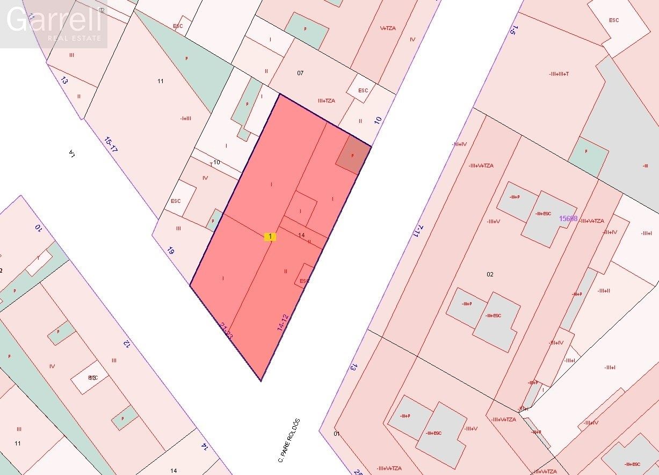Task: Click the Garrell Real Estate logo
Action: pyautogui.click(x=54, y=24)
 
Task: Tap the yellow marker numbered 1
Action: pyautogui.click(x=270, y=236)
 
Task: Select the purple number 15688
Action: pyautogui.click(x=568, y=218)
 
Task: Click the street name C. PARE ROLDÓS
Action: pyautogui.click(x=288, y=440)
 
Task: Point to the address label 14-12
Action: pyautogui.click(x=283, y=322)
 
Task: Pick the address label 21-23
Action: pyautogui.click(x=227, y=331)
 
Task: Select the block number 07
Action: pyautogui.click(x=300, y=73)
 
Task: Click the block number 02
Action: pyautogui.click(x=490, y=274)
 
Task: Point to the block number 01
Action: pyautogui.click(x=337, y=434)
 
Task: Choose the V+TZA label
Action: pyautogui.click(x=388, y=28)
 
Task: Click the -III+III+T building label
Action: pyautogui.click(x=559, y=74)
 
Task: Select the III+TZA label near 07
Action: pyautogui.click(x=326, y=100)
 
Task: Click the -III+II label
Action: pyautogui.click(x=603, y=291)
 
